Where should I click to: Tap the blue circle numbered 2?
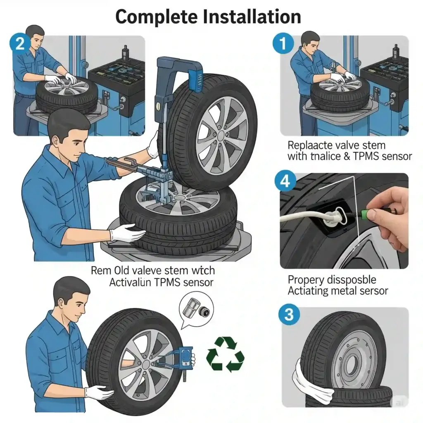click(x=20, y=44)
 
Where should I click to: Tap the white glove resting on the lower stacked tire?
click(x=126, y=234)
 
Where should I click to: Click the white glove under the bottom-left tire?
click(x=99, y=392)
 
